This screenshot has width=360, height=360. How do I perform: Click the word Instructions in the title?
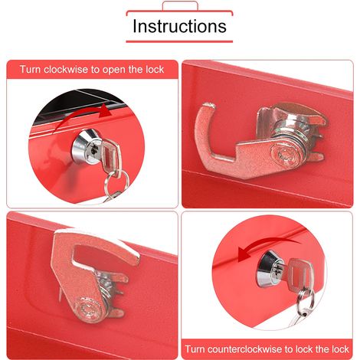[x=179, y=26]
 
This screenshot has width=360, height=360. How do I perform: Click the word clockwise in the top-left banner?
[x=66, y=70]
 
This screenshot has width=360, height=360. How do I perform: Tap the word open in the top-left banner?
[x=114, y=70]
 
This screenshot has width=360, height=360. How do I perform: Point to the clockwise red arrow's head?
[x=105, y=111]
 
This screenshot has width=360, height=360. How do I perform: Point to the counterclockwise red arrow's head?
[x=244, y=254]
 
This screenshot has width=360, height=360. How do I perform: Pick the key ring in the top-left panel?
[x=116, y=182]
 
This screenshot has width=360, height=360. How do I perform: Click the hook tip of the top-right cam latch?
[x=209, y=105]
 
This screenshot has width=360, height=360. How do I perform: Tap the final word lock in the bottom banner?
[x=340, y=349]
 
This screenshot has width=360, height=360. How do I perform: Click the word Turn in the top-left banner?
[x=30, y=70]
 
